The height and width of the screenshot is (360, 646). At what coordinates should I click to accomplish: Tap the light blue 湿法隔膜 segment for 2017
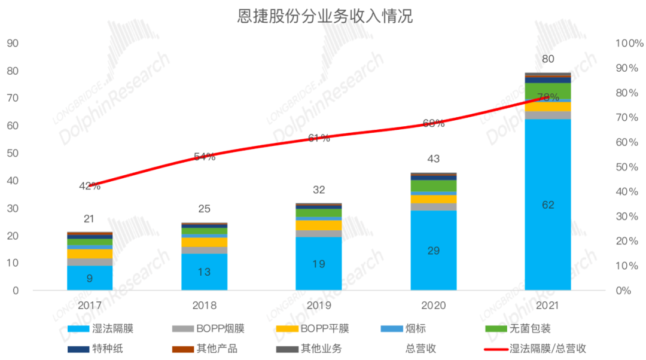pos(90,278)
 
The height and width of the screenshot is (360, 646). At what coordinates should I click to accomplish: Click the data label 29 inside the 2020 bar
pos(433,251)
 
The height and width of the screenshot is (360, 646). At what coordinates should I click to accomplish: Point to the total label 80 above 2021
pos(547,59)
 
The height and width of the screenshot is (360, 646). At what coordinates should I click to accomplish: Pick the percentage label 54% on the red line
pos(205,157)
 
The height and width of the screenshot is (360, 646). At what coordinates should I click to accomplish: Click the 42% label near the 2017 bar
pos(90,186)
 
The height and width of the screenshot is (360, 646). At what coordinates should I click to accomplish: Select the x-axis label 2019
pos(319,306)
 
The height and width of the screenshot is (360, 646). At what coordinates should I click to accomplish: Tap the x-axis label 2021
pos(547,306)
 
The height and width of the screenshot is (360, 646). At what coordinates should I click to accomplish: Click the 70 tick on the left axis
pos(13,99)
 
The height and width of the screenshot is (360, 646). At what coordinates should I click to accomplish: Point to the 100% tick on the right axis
pos(629,44)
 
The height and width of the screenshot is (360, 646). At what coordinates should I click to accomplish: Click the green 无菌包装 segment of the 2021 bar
pos(547,91)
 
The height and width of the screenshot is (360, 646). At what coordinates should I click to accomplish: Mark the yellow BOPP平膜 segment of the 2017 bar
pos(90,254)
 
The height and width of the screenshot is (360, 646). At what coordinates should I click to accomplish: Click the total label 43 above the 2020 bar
pos(433,159)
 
